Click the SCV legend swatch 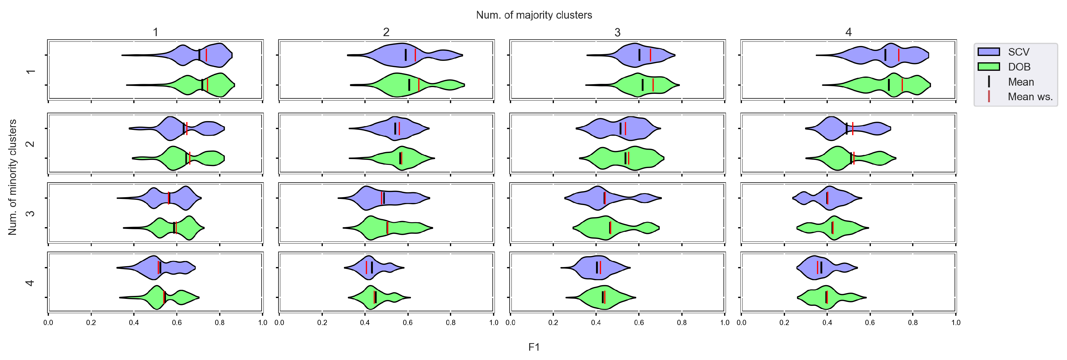click(988, 52)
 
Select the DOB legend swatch click(988, 67)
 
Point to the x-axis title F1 click(534, 347)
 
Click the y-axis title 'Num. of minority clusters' click(13, 177)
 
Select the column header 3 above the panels click(617, 32)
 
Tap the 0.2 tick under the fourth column click(784, 323)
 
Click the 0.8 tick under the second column click(451, 323)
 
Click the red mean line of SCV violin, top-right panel click(899, 55)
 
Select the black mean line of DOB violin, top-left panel click(202, 85)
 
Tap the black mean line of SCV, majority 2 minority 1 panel click(405, 55)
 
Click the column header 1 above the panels click(155, 32)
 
